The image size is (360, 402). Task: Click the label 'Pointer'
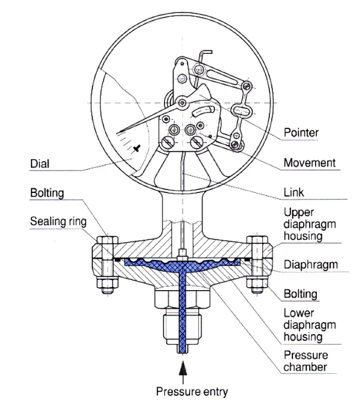pos(301,133)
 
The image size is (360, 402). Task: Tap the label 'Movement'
pos(310,163)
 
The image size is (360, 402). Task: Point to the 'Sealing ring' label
pos(59,223)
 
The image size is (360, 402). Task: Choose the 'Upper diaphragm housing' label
pos(311,224)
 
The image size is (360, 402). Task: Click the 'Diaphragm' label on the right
pos(311,265)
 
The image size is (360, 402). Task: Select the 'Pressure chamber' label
pos(306,361)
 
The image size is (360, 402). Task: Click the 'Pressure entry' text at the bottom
pos(191,391)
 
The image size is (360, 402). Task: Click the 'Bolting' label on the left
pos(47,193)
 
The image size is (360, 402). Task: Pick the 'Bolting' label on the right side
pos(301,294)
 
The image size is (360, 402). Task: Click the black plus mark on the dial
pos(137,149)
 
